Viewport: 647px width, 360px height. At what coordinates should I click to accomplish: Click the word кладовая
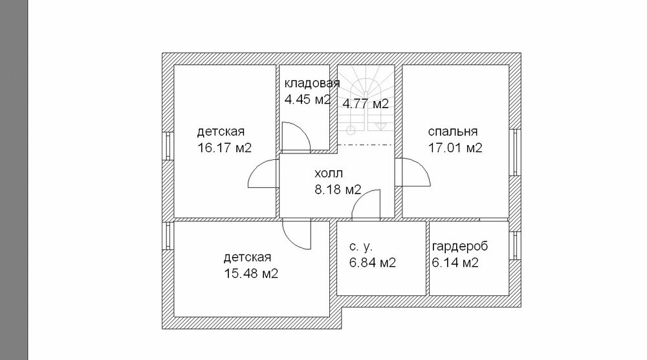point(312,84)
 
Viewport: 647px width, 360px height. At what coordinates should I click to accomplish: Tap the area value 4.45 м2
point(308,99)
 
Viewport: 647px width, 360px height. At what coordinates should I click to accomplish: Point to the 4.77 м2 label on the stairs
point(366,104)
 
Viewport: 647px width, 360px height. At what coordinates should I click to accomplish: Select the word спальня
point(453,131)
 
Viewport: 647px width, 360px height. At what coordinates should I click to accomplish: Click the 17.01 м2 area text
point(455,148)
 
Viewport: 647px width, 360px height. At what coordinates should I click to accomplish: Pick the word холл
point(329,174)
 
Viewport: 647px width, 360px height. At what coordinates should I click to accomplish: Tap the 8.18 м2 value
point(338,190)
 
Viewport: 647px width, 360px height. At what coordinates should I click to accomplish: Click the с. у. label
point(360,247)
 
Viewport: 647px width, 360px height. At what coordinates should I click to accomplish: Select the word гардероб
point(460,247)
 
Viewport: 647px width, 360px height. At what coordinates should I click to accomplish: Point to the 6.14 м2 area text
point(455,263)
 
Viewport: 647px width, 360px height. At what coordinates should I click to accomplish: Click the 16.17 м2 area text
point(225,148)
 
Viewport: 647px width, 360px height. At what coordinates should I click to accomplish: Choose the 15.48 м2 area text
point(251,273)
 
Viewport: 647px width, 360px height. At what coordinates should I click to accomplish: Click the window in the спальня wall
point(516,152)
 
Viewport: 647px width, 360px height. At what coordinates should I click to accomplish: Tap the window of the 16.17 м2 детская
point(168,146)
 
